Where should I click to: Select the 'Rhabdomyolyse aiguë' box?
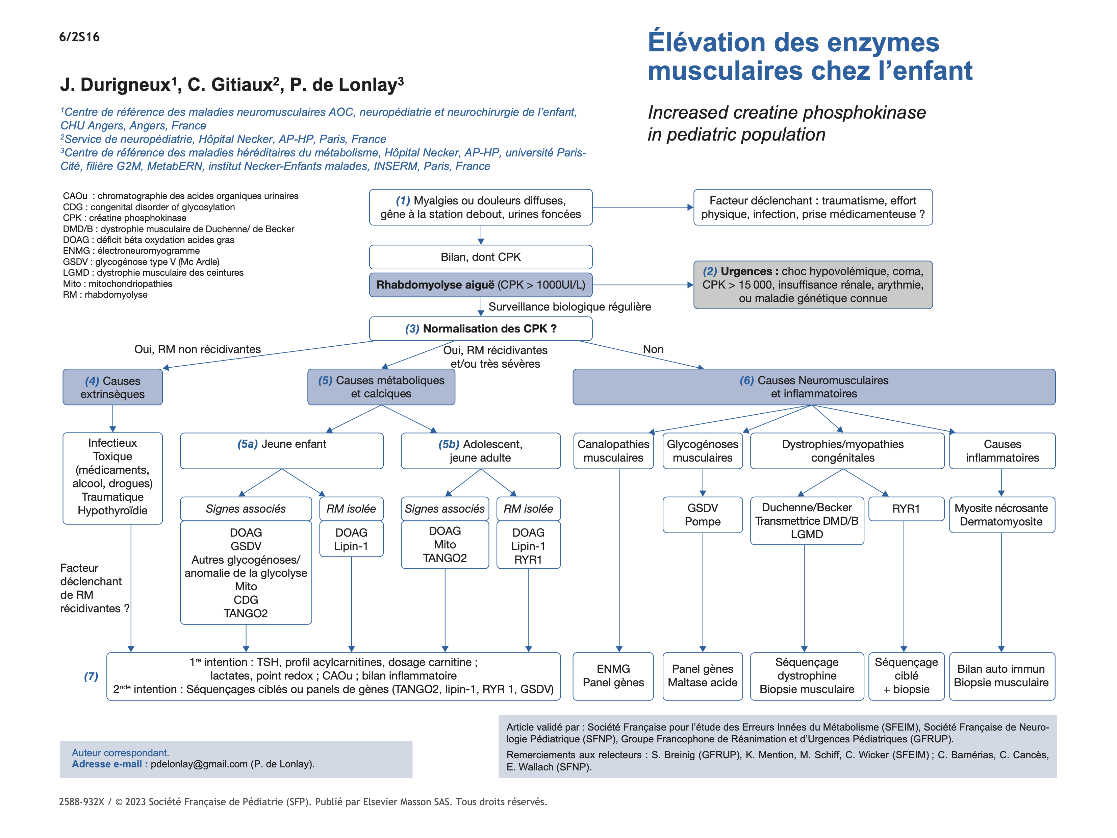pyautogui.click(x=480, y=285)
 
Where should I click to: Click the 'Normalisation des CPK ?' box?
pyautogui.click(x=480, y=329)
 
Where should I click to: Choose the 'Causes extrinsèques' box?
pyautogui.click(x=112, y=388)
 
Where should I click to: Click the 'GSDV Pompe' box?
pyautogui.click(x=703, y=515)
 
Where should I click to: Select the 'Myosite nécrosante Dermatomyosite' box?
pyautogui.click(x=1001, y=515)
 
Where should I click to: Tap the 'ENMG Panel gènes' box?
pyautogui.click(x=613, y=676)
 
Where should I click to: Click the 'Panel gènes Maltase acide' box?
pyautogui.click(x=703, y=676)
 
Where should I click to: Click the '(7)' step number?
pyautogui.click(x=91, y=676)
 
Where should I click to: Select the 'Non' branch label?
pyautogui.click(x=653, y=349)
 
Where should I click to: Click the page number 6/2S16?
pyautogui.click(x=79, y=37)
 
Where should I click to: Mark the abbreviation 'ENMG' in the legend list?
pyautogui.click(x=76, y=250)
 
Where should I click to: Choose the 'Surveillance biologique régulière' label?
pyautogui.click(x=569, y=306)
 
